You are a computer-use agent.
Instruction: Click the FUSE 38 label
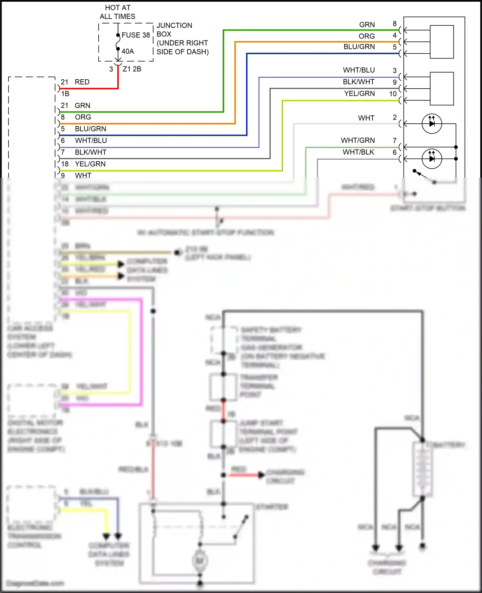136,35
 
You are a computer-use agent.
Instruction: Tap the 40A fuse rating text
128,51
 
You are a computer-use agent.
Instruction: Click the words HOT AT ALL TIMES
118,12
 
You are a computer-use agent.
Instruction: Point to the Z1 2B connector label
132,69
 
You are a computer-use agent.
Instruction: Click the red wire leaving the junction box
118,79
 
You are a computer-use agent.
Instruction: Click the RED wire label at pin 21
82,82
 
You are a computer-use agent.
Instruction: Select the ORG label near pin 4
367,36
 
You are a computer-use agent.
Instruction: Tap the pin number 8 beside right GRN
395,24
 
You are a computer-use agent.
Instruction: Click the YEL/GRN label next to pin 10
359,93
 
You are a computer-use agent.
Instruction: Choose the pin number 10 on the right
393,94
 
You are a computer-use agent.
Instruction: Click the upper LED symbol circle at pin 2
432,124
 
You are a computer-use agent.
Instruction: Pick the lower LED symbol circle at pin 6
432,159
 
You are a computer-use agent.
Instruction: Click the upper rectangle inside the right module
442,42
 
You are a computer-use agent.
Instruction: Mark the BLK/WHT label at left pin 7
90,152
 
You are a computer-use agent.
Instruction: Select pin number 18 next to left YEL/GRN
65,164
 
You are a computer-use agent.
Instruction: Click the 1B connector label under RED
65,94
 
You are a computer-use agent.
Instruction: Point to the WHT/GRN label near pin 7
358,140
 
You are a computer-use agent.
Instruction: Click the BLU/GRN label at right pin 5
359,47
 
